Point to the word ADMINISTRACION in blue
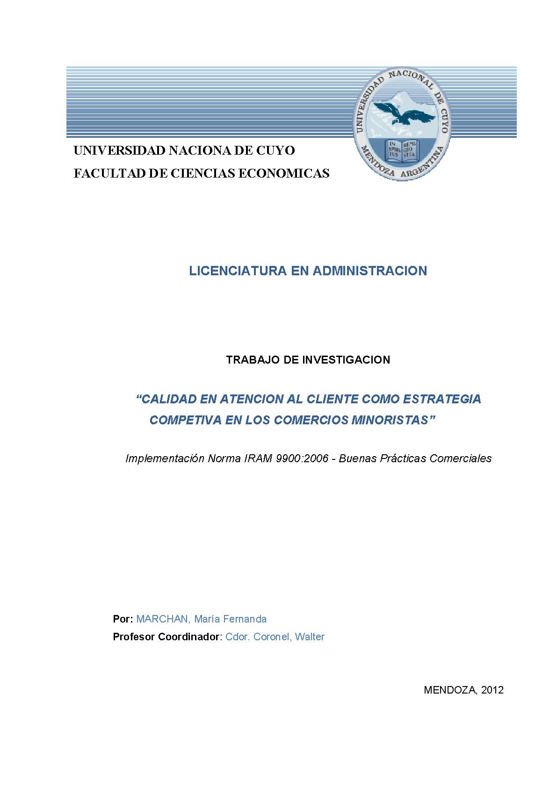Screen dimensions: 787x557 coord(369,271)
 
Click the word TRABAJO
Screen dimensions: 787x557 coord(248,360)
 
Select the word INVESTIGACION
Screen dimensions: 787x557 coord(346,360)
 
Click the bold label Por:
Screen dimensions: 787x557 coord(123,619)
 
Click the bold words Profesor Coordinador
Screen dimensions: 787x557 coord(166,637)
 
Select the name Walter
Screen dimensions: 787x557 coord(310,637)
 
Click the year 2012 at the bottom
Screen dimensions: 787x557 coord(492,690)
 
